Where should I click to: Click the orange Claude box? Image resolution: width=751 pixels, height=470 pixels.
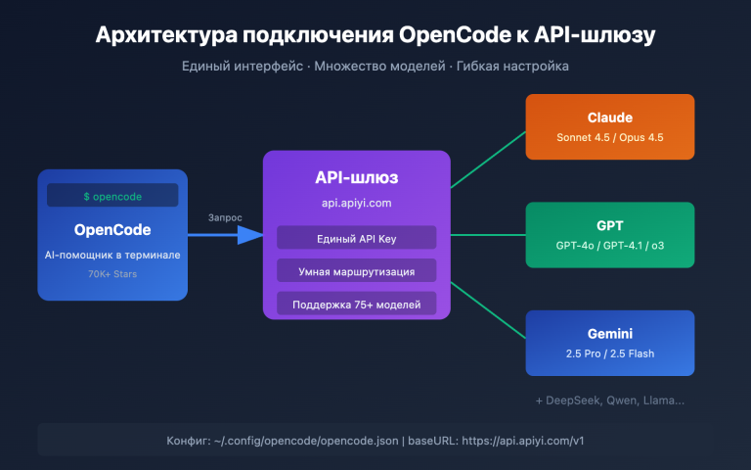click(x=609, y=125)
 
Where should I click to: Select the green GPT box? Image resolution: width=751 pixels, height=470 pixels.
click(x=609, y=234)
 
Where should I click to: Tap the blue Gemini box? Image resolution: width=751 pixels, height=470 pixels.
click(x=609, y=343)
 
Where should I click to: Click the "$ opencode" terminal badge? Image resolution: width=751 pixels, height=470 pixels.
click(x=112, y=196)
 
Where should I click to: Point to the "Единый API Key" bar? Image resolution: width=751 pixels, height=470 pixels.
click(x=356, y=238)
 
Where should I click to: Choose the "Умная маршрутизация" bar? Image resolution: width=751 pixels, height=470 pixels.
click(x=356, y=271)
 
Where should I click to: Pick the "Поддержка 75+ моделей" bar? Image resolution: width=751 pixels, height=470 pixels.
click(x=356, y=305)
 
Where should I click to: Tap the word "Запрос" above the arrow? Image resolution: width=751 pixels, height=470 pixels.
click(x=224, y=217)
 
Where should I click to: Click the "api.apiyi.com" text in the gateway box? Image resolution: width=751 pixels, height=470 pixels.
click(x=356, y=204)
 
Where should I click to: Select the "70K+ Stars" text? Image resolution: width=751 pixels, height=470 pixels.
click(x=112, y=274)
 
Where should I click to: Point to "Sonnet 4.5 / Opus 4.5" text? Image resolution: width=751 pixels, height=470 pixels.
click(x=609, y=137)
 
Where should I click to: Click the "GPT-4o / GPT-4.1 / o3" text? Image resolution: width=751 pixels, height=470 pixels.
click(x=609, y=246)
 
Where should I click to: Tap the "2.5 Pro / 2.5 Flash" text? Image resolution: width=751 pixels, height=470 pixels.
click(x=609, y=354)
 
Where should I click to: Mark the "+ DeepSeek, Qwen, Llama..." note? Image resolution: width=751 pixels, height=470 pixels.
click(x=609, y=399)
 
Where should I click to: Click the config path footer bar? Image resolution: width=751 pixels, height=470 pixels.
click(x=375, y=441)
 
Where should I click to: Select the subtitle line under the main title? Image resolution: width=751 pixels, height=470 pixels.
click(x=375, y=66)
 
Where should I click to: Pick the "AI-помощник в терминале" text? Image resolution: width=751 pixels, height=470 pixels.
click(x=112, y=255)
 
